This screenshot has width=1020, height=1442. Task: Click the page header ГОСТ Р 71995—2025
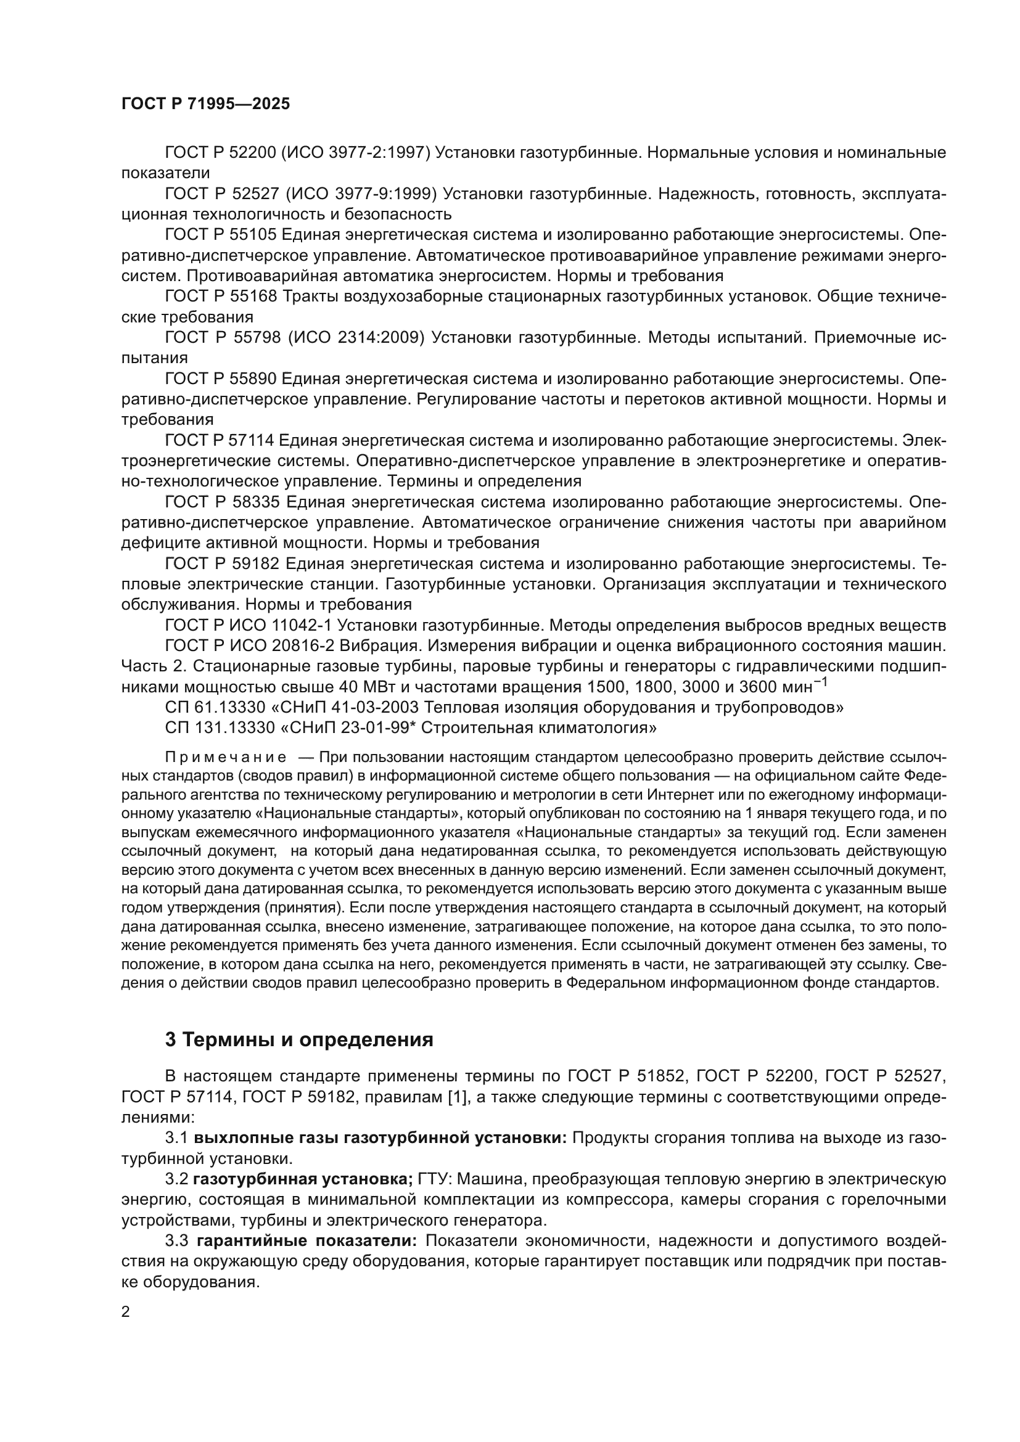[205, 104]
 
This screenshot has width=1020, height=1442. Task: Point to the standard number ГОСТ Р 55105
[220, 235]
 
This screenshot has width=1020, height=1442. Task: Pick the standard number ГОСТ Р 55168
[220, 297]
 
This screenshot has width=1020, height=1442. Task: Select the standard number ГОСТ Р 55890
[220, 379]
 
